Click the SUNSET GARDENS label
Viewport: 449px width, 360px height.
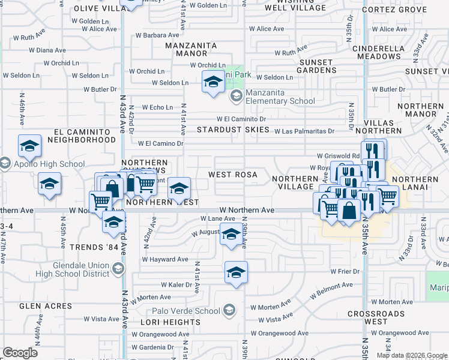pyautogui.click(x=316, y=66)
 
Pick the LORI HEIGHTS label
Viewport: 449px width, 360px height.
pyautogui.click(x=164, y=322)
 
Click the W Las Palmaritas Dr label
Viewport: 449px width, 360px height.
pyautogui.click(x=306, y=131)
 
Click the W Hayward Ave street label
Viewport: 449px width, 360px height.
pyautogui.click(x=165, y=259)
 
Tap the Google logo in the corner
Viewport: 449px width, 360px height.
pyautogui.click(x=20, y=353)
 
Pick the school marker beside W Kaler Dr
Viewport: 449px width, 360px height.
pyautogui.click(x=237, y=272)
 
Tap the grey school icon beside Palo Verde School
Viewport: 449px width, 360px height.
pyautogui.click(x=229, y=310)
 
